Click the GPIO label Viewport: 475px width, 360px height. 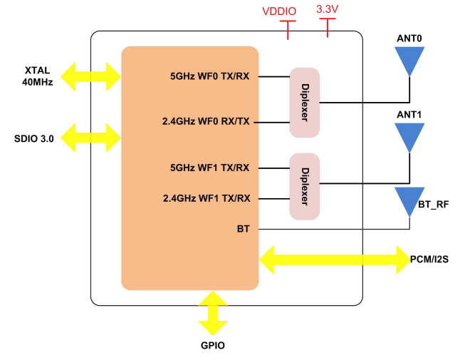(x=213, y=345)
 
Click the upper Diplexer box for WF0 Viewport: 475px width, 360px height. (x=304, y=103)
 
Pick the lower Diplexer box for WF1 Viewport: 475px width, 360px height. (x=304, y=186)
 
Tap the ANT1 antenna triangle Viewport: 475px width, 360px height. (x=410, y=136)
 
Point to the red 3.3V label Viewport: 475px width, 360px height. (x=328, y=10)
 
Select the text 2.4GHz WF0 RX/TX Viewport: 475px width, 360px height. (x=206, y=122)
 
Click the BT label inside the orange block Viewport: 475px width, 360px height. (x=242, y=229)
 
